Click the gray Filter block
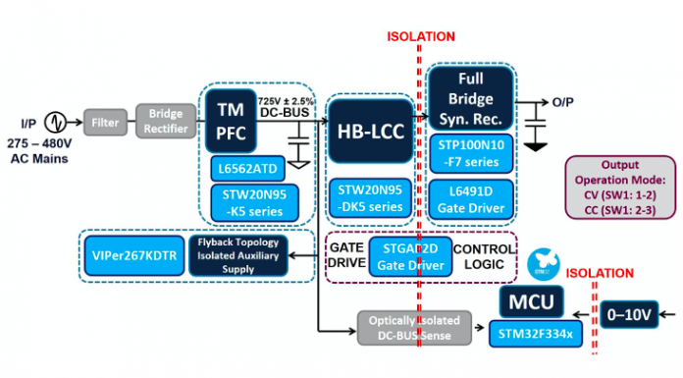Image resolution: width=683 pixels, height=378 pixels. tap(105, 123)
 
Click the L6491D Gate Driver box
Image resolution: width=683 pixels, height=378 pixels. tap(470, 198)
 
